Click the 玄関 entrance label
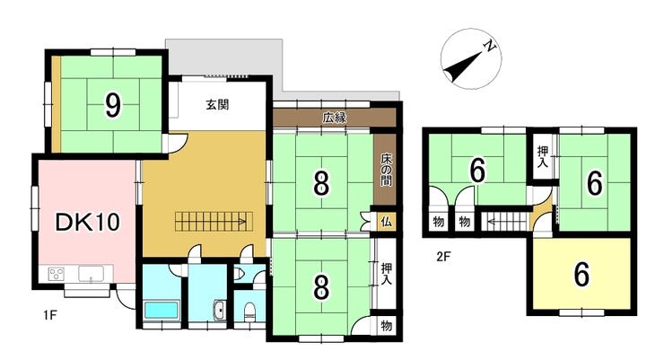[218, 105]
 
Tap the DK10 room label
[88, 222]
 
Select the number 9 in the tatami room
[113, 106]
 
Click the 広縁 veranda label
[335, 118]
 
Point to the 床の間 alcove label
[386, 170]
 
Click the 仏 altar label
[386, 222]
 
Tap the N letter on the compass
[490, 46]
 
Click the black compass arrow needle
[464, 66]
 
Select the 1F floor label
[49, 315]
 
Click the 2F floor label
[444, 256]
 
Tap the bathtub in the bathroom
[161, 310]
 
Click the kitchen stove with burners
[57, 274]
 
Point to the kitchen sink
[91, 273]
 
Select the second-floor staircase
[506, 221]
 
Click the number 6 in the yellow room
[581, 274]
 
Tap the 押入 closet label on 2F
[543, 157]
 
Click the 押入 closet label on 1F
[386, 274]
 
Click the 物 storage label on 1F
[386, 325]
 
